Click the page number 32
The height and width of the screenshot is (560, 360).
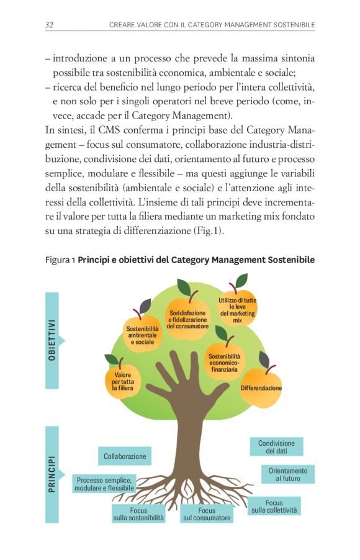50,24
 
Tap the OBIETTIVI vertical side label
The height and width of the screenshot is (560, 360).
52,340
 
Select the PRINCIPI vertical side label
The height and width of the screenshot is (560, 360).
52,474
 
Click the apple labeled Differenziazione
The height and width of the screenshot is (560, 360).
261,387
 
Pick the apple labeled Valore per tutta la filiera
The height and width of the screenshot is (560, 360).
123,380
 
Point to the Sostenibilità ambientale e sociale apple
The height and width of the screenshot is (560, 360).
143,334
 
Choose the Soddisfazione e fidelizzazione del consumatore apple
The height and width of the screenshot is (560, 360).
187,318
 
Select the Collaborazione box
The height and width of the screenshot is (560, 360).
125,456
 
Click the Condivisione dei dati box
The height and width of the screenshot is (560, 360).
276,447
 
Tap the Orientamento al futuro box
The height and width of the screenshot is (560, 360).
288,475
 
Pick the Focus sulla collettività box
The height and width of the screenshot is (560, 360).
274,506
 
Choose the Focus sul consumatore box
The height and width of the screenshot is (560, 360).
207,513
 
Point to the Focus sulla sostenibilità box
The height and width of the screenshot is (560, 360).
138,513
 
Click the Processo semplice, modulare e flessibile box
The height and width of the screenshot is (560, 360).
104,484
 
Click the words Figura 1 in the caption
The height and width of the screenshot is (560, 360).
60,260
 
